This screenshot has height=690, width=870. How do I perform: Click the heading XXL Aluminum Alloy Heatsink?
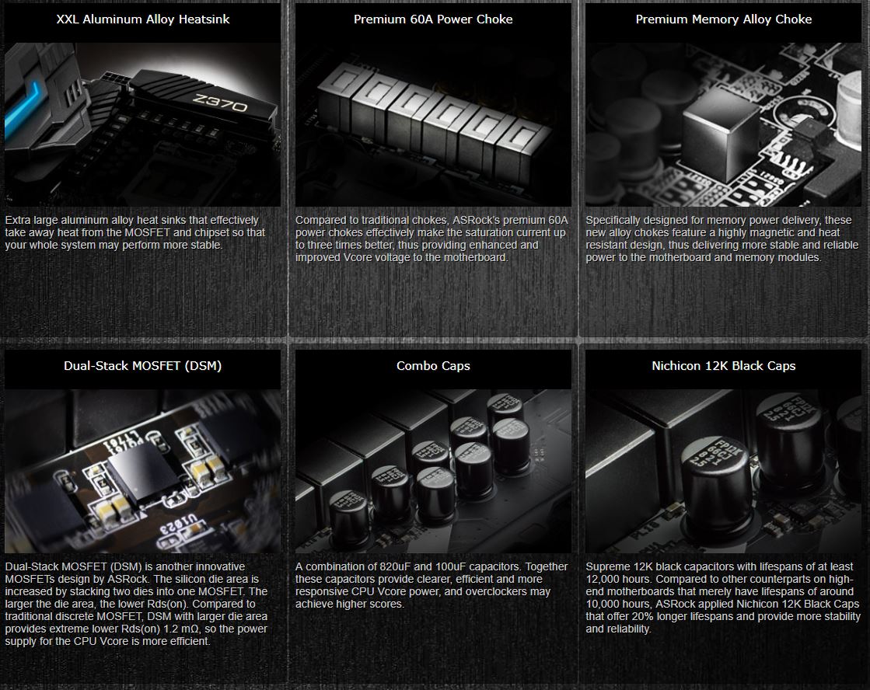click(x=143, y=19)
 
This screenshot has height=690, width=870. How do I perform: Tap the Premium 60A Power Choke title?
click(x=433, y=19)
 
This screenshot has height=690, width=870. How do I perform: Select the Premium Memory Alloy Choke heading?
click(x=723, y=19)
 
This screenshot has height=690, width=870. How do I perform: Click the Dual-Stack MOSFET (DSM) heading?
click(x=143, y=366)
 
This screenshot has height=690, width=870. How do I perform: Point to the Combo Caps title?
click(x=433, y=366)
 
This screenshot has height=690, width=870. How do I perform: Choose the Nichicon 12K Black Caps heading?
click(x=723, y=366)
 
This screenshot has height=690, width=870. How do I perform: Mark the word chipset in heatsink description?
click(x=220, y=233)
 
